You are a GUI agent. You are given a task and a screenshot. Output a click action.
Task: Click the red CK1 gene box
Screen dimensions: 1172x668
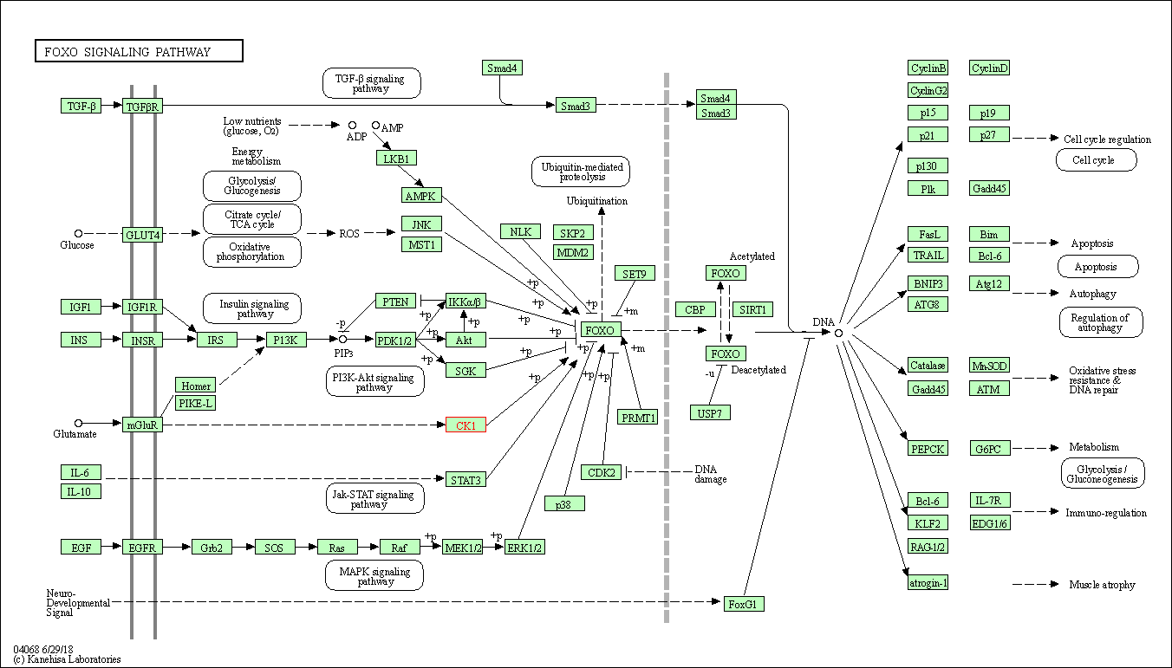click(x=466, y=425)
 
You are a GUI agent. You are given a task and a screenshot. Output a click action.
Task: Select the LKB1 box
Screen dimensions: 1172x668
click(x=396, y=158)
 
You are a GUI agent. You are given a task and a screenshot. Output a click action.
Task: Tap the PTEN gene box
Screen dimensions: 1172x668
click(x=395, y=302)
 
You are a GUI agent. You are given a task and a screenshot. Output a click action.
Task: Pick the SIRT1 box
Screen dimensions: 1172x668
click(x=752, y=309)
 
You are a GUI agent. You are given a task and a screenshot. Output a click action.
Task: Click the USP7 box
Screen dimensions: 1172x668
click(x=710, y=412)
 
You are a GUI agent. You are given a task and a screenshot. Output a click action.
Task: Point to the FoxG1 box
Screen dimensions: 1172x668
click(x=744, y=604)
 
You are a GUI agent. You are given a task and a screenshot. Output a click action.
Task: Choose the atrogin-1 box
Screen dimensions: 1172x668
click(x=928, y=582)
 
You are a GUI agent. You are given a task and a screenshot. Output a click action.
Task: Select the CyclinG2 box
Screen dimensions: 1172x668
click(x=928, y=90)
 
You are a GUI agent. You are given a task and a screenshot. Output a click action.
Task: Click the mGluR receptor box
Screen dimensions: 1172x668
click(x=142, y=425)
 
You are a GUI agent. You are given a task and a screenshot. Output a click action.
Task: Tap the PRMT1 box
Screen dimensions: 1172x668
click(x=637, y=417)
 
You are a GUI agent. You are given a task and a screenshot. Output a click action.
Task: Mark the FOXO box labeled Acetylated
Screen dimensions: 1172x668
click(x=726, y=273)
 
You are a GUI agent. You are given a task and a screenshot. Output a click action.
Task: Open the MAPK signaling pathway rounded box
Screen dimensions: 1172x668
click(x=374, y=575)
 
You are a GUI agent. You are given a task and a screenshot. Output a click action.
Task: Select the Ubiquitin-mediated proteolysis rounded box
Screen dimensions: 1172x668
click(x=581, y=172)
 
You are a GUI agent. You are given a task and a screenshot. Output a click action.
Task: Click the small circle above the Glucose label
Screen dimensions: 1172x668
click(x=79, y=233)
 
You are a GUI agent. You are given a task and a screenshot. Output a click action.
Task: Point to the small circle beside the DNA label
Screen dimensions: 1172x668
click(x=838, y=333)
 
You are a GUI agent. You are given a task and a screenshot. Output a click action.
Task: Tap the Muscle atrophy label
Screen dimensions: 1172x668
click(x=1102, y=584)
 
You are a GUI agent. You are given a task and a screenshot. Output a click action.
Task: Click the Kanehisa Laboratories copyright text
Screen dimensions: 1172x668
click(x=67, y=659)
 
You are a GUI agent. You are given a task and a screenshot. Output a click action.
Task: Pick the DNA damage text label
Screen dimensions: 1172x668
click(x=711, y=474)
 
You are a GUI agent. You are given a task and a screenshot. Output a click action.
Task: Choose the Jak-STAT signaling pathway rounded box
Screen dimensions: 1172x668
click(x=374, y=498)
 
